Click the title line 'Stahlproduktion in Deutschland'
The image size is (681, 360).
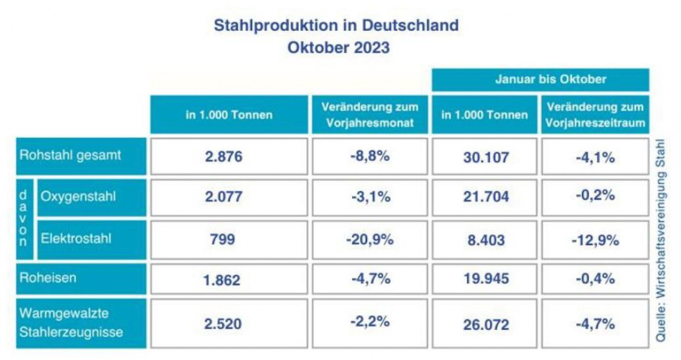[x=336, y=26]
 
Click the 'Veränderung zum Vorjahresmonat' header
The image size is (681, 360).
[x=370, y=114]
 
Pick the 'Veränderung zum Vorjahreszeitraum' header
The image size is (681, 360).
[x=595, y=114]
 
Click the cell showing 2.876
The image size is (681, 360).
[x=224, y=157]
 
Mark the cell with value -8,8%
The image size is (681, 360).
[x=370, y=157]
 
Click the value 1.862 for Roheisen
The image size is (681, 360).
[x=224, y=280]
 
